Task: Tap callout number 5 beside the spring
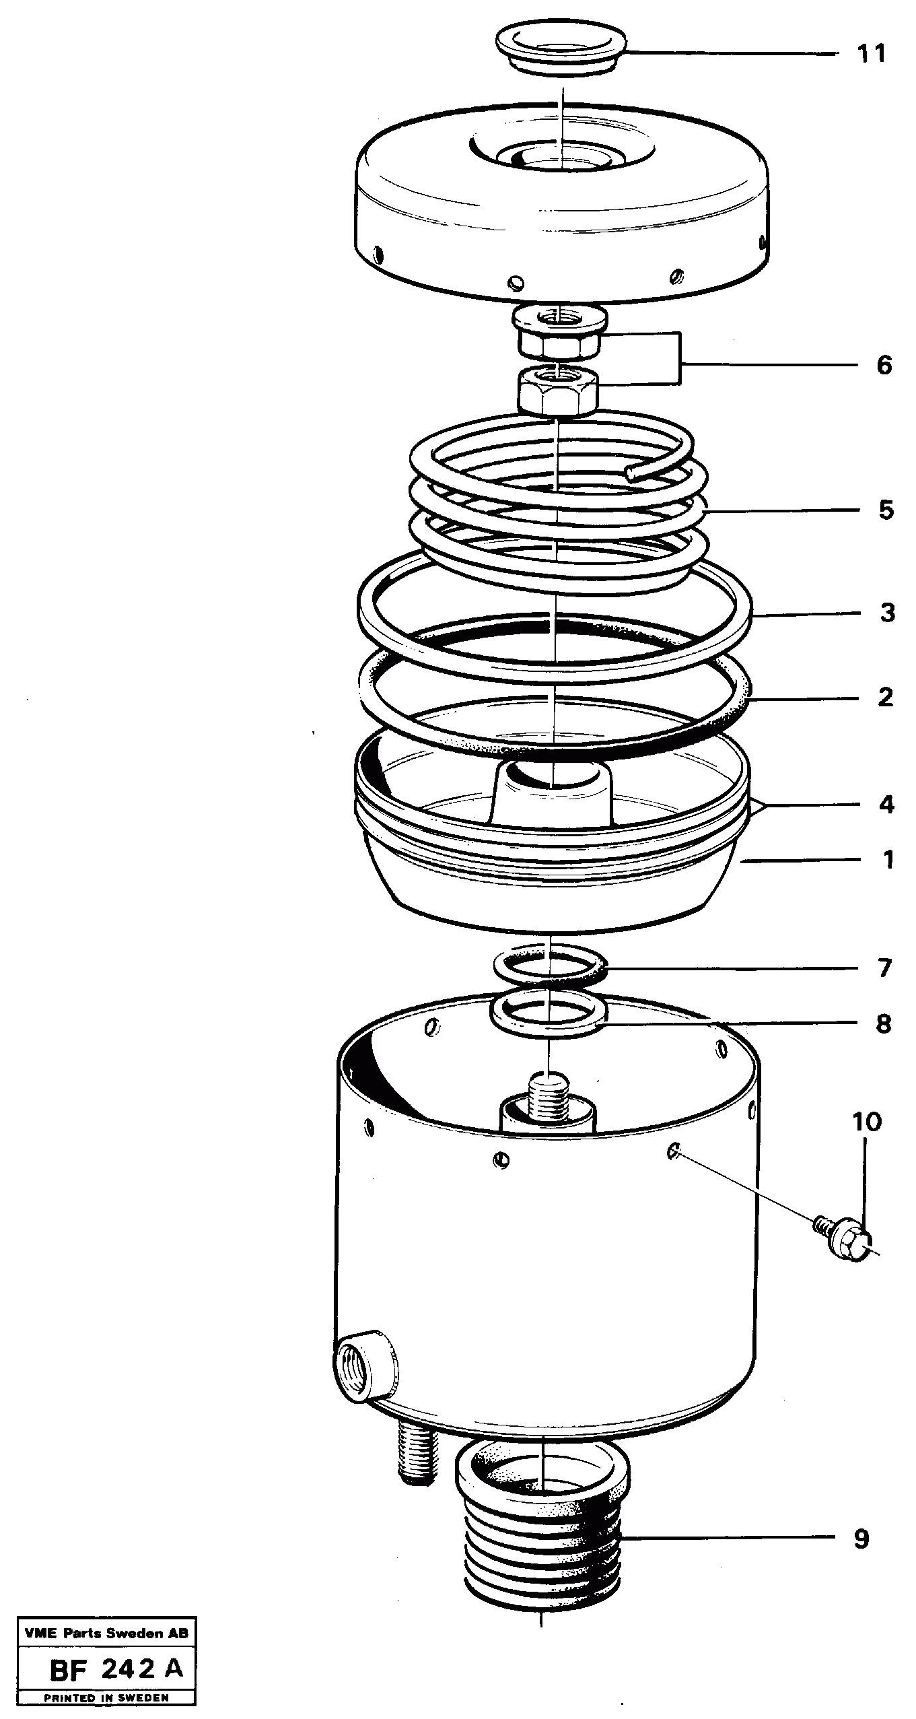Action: click(886, 510)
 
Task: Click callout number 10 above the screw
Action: click(867, 1122)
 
